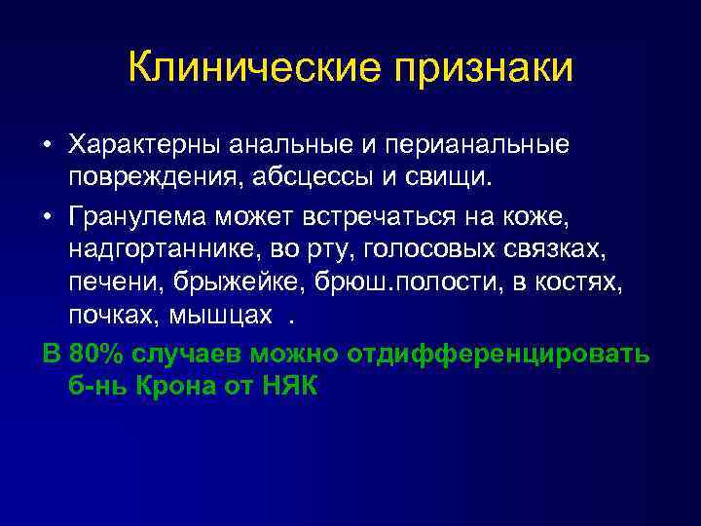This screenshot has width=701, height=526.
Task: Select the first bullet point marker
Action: pyautogui.click(x=48, y=146)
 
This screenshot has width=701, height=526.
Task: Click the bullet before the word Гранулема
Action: pyautogui.click(x=48, y=213)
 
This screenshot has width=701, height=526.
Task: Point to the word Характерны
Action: pyautogui.click(x=145, y=145)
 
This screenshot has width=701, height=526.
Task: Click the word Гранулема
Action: pyautogui.click(x=132, y=213)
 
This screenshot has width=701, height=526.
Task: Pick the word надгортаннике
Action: pyautogui.click(x=159, y=247)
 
